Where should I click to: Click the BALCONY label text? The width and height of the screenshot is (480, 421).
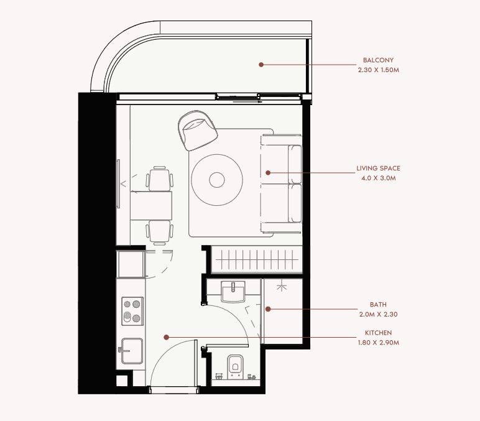[378, 60]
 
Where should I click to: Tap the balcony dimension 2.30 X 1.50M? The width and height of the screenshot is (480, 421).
[379, 70]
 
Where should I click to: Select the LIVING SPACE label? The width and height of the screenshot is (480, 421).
[378, 168]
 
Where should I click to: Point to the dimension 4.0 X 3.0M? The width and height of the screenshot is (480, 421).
[379, 178]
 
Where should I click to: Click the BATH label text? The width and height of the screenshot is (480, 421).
[378, 304]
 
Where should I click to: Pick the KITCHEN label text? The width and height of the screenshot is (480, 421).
[378, 333]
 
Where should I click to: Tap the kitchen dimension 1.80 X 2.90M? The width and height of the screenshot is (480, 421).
[379, 342]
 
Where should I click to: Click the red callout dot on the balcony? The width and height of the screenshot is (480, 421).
[261, 65]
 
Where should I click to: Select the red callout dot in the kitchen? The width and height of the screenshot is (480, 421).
[166, 338]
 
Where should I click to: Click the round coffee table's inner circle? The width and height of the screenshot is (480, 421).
[217, 180]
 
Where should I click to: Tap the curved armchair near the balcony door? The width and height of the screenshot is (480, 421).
[198, 130]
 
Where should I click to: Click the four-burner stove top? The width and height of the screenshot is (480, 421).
[132, 311]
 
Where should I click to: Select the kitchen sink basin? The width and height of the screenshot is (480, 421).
[132, 351]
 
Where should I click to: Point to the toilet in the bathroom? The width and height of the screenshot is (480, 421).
[236, 366]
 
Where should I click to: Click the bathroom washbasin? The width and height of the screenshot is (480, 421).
[233, 292]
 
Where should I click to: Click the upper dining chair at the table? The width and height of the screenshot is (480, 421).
[160, 179]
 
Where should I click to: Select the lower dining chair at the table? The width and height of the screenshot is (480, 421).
[160, 233]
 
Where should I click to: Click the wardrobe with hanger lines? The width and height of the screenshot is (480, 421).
[257, 260]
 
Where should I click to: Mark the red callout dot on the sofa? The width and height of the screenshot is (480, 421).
[268, 173]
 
